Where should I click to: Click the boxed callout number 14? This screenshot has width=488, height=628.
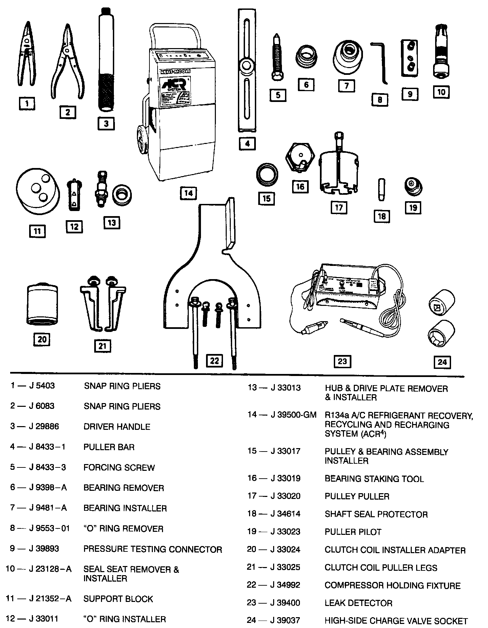188,193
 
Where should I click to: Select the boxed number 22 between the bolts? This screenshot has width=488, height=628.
215,361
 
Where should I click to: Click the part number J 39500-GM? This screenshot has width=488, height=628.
293,415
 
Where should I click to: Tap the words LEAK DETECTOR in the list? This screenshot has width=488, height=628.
358,603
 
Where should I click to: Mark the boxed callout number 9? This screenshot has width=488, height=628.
410,94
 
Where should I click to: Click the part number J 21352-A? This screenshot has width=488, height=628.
50,599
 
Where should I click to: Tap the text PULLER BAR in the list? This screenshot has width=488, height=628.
109,447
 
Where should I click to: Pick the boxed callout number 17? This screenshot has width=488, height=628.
339,207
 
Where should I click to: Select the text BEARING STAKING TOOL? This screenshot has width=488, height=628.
374,479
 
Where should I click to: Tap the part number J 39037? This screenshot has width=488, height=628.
285,621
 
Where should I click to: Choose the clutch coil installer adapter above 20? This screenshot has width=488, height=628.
42,304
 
